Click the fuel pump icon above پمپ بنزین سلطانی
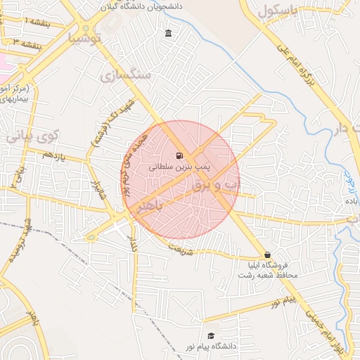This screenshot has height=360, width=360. (180, 156)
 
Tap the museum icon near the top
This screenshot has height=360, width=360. (168, 33)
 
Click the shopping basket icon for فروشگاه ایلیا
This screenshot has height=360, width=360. (266, 255)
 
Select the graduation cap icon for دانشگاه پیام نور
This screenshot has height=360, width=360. (210, 335)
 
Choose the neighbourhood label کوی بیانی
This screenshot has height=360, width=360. (32, 136)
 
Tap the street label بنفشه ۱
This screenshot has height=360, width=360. (36, 23)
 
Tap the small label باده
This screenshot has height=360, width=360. (352, 201)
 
